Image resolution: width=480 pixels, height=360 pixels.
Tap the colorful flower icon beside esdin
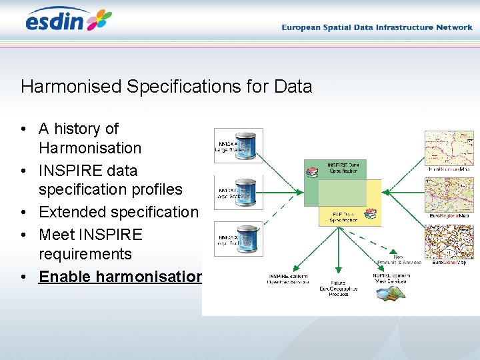coord(99,20)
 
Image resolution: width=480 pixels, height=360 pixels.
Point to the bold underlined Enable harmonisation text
coord(120,276)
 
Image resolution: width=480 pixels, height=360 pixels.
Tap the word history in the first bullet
coord(77,128)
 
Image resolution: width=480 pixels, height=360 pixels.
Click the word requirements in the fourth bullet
coord(85,254)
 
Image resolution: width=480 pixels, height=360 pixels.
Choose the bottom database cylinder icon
coord(247,238)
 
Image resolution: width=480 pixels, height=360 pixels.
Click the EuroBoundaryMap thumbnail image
coord(449,148)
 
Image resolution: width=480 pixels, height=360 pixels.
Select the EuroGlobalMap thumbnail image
coord(449,241)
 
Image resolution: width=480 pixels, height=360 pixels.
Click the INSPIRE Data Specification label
coord(342,167)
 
